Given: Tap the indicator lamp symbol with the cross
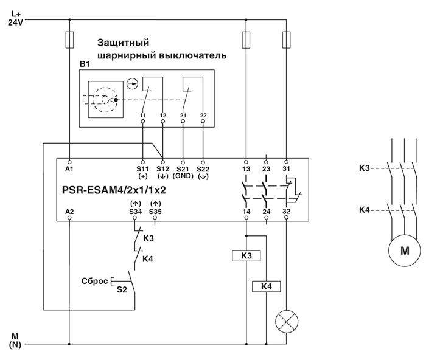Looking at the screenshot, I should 286,321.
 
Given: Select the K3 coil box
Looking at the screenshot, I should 246,256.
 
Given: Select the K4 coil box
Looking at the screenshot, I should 266,285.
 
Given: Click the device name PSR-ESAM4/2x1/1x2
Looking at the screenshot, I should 114,189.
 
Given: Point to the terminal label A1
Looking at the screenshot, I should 69,168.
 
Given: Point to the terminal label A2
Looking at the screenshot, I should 69,210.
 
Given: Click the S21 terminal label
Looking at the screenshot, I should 183,168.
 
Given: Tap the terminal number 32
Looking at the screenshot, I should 286,211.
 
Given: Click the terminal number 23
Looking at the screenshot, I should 265,168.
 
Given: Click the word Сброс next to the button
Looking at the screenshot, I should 94,281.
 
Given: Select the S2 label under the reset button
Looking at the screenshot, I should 122,291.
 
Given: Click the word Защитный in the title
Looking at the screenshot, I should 123,43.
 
